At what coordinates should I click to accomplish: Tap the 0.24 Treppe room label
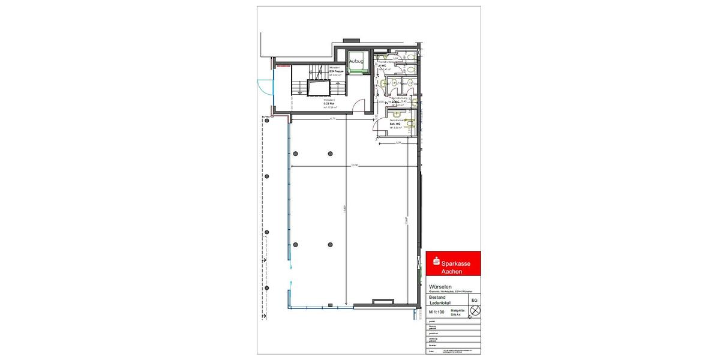336,71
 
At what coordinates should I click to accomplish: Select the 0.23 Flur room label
329,104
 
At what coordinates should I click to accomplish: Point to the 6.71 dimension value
332,119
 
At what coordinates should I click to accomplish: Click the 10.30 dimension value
355,165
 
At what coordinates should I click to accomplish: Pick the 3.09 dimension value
398,142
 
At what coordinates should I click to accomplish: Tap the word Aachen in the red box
452,272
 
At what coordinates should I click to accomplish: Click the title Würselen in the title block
440,286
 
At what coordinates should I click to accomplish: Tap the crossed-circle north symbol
475,311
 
